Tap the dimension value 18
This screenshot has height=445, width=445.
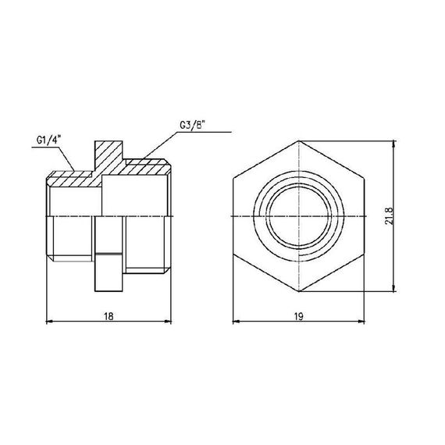point(110,315)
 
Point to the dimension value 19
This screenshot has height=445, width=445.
point(300,315)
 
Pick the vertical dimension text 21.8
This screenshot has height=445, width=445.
point(388,216)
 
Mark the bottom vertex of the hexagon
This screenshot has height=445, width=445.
point(300,292)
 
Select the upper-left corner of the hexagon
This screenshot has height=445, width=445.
point(234,178)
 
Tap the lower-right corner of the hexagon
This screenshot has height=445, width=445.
point(365,254)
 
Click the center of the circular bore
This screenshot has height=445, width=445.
point(300,215)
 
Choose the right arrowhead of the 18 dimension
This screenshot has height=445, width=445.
point(169,321)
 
